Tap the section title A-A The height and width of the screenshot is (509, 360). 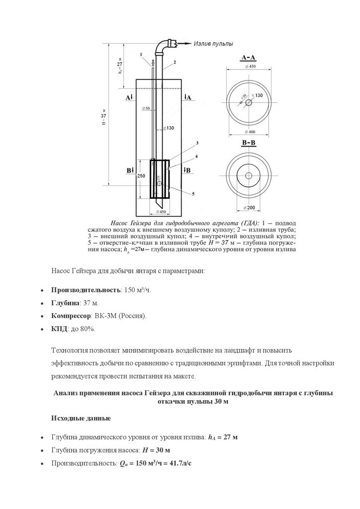[249, 58]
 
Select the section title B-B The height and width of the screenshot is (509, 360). [249, 143]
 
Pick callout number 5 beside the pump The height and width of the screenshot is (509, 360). [193, 192]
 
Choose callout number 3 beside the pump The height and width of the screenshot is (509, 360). [197, 143]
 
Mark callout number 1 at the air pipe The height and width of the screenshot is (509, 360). [141, 54]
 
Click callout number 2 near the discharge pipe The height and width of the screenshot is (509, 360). [175, 63]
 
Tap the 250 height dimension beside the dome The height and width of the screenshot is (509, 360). [141, 176]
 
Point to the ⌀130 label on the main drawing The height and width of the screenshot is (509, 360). [170, 128]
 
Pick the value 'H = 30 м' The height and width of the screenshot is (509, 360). [156, 450]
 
